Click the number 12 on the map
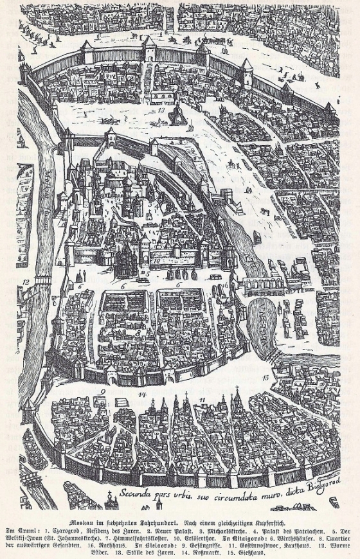pos(26,281)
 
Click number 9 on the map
pos(102,389)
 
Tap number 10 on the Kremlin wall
pos(156,261)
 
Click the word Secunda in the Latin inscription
pos(136,494)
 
